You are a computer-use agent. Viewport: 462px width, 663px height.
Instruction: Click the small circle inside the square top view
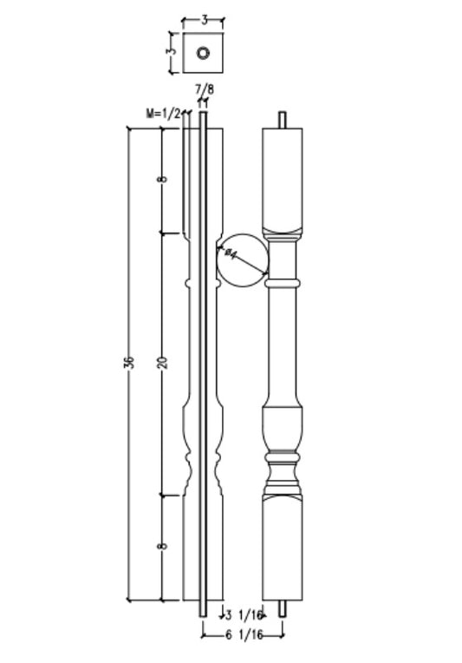203,53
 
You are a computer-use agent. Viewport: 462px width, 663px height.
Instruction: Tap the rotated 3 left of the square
172,51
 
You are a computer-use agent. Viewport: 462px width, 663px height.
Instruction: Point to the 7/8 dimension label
205,89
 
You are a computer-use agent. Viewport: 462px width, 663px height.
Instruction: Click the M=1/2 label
164,113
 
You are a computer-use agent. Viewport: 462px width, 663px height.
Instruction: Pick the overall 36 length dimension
130,362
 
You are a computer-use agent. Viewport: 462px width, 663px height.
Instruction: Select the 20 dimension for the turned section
162,362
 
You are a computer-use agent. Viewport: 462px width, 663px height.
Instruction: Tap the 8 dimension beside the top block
162,180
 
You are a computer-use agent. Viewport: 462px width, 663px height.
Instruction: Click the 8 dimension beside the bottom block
162,546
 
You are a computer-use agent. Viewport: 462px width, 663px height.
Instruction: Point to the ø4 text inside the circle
231,253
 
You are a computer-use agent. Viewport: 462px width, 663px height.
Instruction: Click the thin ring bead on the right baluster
283,283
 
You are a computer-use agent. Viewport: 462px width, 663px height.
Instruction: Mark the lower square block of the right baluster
283,547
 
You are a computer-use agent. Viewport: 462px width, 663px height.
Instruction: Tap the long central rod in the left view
203,364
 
